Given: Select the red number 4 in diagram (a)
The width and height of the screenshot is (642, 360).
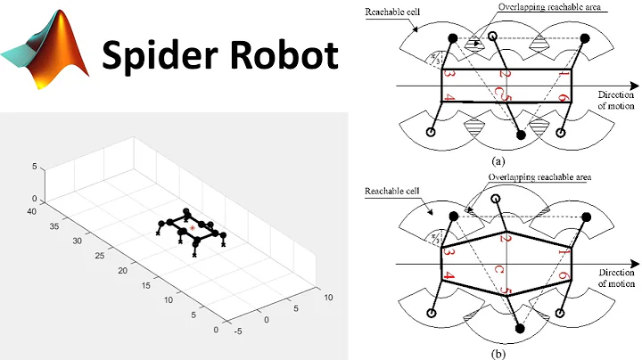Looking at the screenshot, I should click(x=449, y=97).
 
